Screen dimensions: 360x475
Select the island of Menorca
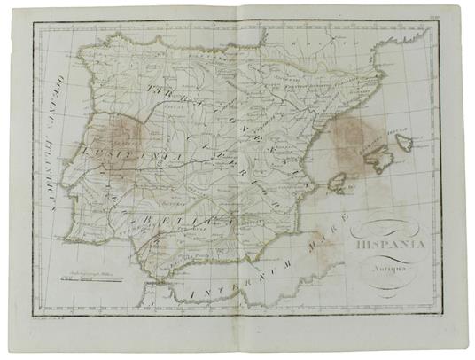pos(404,142)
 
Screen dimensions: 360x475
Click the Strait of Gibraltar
pos(160,282)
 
